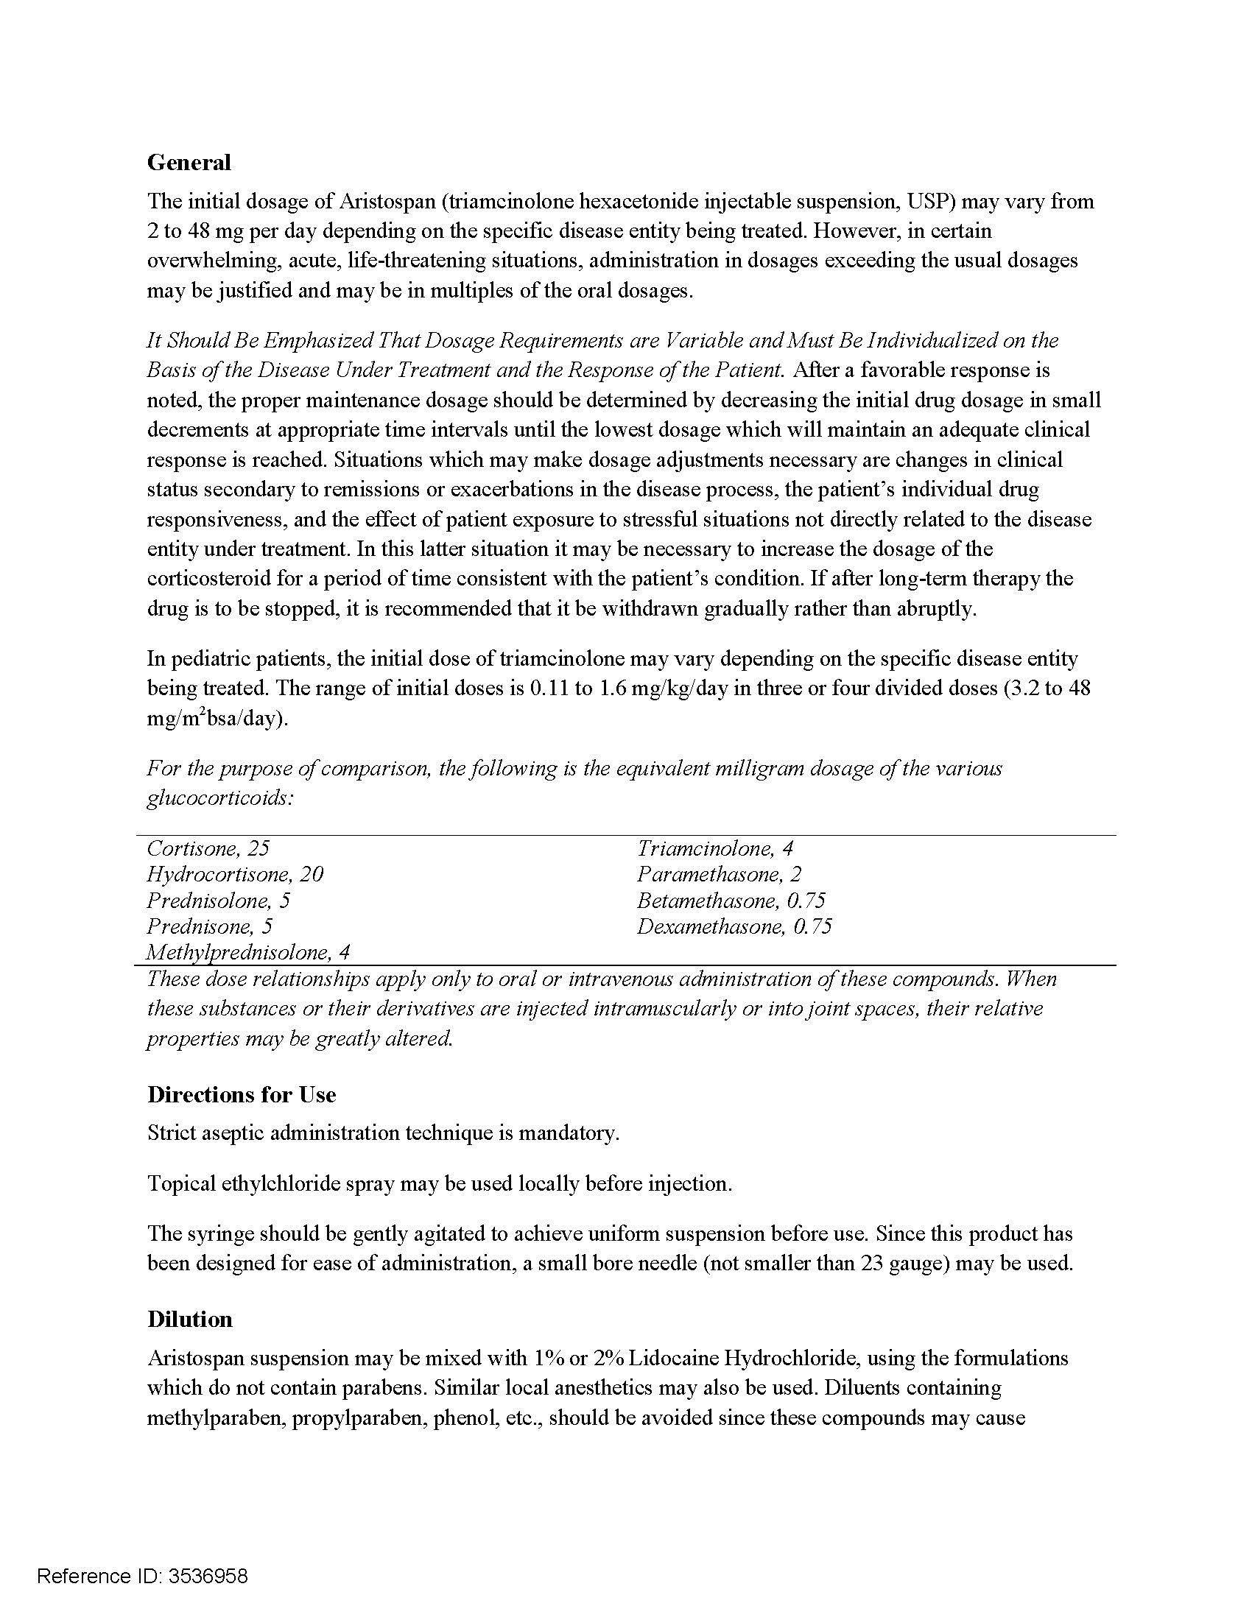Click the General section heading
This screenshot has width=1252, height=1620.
[189, 163]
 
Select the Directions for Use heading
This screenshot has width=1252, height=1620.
[241, 1095]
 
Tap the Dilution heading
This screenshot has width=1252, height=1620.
[189, 1320]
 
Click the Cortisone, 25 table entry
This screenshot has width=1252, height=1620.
[208, 848]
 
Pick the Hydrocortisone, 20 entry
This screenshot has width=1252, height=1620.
[234, 875]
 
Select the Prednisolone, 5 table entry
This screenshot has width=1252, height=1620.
[218, 901]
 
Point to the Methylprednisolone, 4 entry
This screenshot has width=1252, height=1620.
[247, 952]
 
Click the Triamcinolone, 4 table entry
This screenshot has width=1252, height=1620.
[715, 848]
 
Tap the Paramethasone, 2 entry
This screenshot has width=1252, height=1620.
[719, 875]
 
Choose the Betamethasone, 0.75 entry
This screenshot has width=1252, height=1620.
[731, 901]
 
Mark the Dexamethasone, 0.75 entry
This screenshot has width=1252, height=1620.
[734, 926]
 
